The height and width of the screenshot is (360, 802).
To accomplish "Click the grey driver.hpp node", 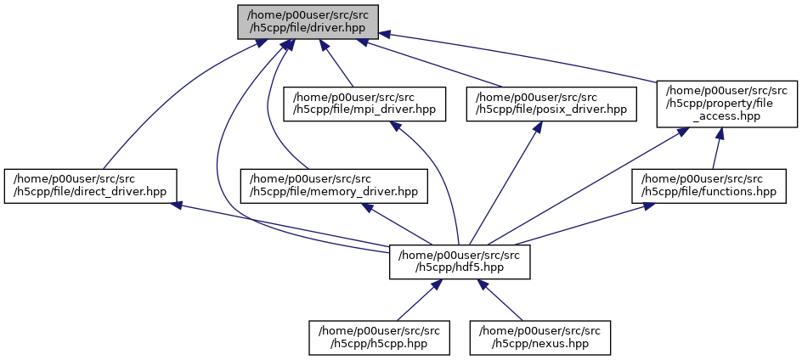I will pyautogui.click(x=308, y=21).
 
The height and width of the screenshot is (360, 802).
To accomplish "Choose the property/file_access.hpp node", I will pyautogui.click(x=726, y=104).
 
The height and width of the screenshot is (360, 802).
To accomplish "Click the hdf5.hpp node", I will pyautogui.click(x=460, y=262).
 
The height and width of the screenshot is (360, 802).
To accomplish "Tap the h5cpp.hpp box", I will pyautogui.click(x=375, y=337).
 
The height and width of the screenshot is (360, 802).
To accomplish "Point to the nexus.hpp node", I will pyautogui.click(x=541, y=337).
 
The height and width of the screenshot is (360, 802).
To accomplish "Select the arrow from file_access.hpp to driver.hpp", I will pyautogui.click(x=518, y=56).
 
